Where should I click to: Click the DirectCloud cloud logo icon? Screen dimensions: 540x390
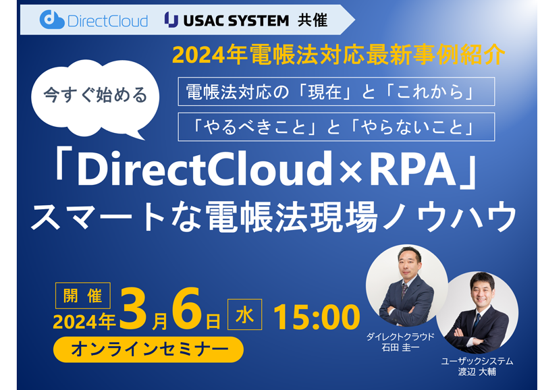coord(52,20)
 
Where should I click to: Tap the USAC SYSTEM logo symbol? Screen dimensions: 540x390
coord(171,20)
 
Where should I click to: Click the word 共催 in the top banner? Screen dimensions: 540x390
coord(313,20)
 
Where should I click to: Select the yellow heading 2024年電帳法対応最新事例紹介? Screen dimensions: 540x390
coord(339,55)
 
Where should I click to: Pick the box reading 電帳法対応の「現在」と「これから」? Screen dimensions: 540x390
coord(336,92)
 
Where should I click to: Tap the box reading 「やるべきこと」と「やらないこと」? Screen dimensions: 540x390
coord(336,127)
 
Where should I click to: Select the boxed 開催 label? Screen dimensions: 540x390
coord(83,296)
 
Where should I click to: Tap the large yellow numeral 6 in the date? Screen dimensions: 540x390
coord(188,308)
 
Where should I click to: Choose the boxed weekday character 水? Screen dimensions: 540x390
coord(245,314)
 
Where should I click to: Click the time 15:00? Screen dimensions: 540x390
coord(317,317)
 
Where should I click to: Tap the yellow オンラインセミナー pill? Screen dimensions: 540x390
coord(148,350)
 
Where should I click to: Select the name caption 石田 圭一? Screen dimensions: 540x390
coord(400,347)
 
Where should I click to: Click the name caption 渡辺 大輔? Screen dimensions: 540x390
coord(477,372)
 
